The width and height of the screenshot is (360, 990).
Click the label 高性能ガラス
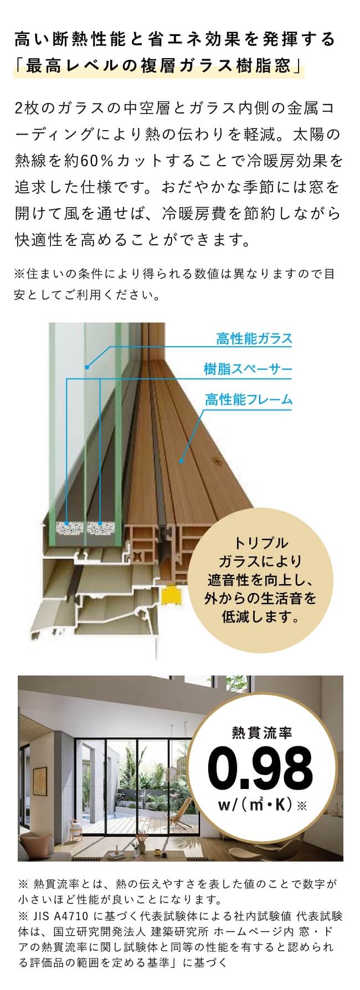(x=254, y=339)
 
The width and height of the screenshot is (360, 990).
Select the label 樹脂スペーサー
(x=248, y=369)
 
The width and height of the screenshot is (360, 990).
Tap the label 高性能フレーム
(x=248, y=399)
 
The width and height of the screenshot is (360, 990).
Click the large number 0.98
(x=260, y=770)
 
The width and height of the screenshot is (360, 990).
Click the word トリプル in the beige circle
(x=261, y=543)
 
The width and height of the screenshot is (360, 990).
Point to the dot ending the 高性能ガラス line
(x=87, y=367)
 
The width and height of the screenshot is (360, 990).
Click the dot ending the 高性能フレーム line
(x=180, y=460)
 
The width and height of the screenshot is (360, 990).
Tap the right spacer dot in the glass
(x=100, y=523)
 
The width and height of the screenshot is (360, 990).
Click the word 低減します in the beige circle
(x=261, y=616)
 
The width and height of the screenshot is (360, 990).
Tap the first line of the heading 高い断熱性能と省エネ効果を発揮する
(x=175, y=39)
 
